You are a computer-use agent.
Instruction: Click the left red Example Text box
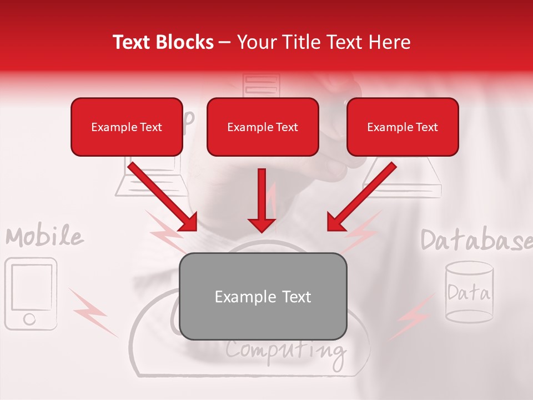coord(127,127)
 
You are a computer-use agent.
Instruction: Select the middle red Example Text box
coord(263,127)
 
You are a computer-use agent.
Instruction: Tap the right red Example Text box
coord(403,127)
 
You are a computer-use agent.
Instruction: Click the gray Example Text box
coord(263,296)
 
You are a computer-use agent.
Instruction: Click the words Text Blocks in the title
coord(163,42)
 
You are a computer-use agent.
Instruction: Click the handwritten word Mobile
coord(44,237)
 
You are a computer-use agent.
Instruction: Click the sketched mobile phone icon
coord(31,293)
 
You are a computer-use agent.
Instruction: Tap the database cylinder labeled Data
coord(469,292)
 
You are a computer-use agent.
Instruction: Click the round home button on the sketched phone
coord(29,319)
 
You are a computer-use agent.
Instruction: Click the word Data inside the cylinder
coord(469,292)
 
